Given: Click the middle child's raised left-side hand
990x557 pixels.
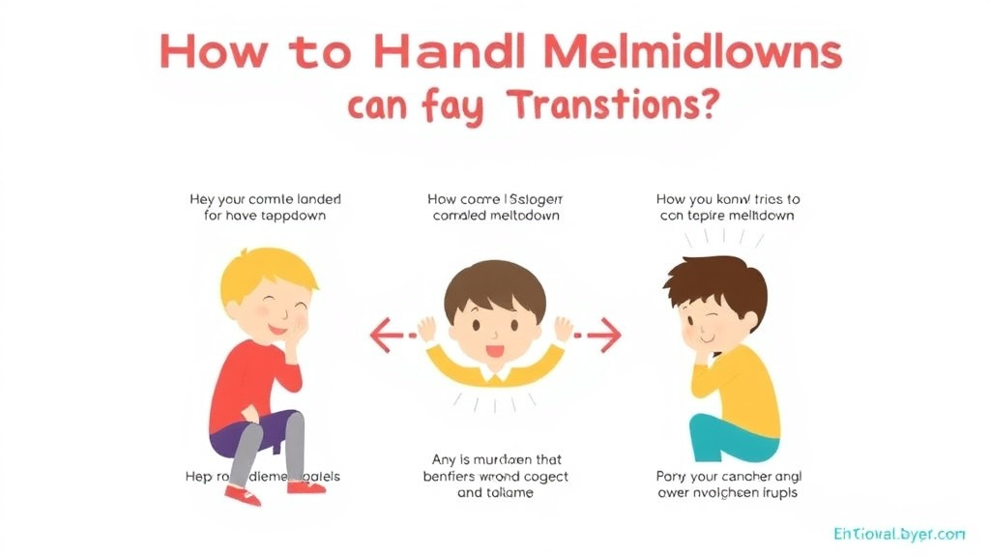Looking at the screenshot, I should pyautogui.click(x=425, y=328).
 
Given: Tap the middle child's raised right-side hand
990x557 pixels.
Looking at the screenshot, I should pyautogui.click(x=564, y=328).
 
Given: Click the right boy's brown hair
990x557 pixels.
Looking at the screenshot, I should pyautogui.click(x=720, y=281).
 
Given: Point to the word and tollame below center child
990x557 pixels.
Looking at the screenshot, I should pyautogui.click(x=495, y=492).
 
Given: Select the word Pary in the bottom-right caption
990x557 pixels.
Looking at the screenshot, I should pyautogui.click(x=670, y=476).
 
